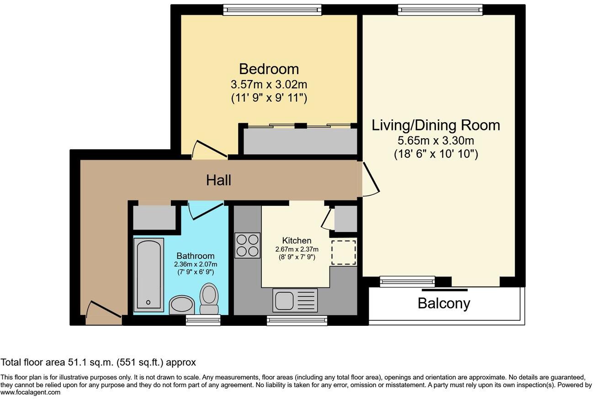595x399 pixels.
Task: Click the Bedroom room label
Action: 269,69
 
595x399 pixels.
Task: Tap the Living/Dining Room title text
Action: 436,125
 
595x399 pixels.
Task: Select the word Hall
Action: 218,180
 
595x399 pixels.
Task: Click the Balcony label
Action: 444,303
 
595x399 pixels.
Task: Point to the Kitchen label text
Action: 297,240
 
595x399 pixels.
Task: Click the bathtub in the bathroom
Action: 149,275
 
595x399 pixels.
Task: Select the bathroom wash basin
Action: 182,305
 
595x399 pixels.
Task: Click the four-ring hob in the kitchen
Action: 247,245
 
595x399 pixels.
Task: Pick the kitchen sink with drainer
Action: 295,300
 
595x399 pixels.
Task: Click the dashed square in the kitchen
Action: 343,252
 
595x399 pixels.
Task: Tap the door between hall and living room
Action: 371,179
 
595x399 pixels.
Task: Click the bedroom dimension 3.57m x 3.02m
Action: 269,85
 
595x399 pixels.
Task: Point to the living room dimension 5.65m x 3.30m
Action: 436,140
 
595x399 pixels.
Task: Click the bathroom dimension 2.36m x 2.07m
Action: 196,264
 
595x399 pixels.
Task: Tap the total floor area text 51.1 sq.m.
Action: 98,362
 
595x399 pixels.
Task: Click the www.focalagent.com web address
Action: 30,392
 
